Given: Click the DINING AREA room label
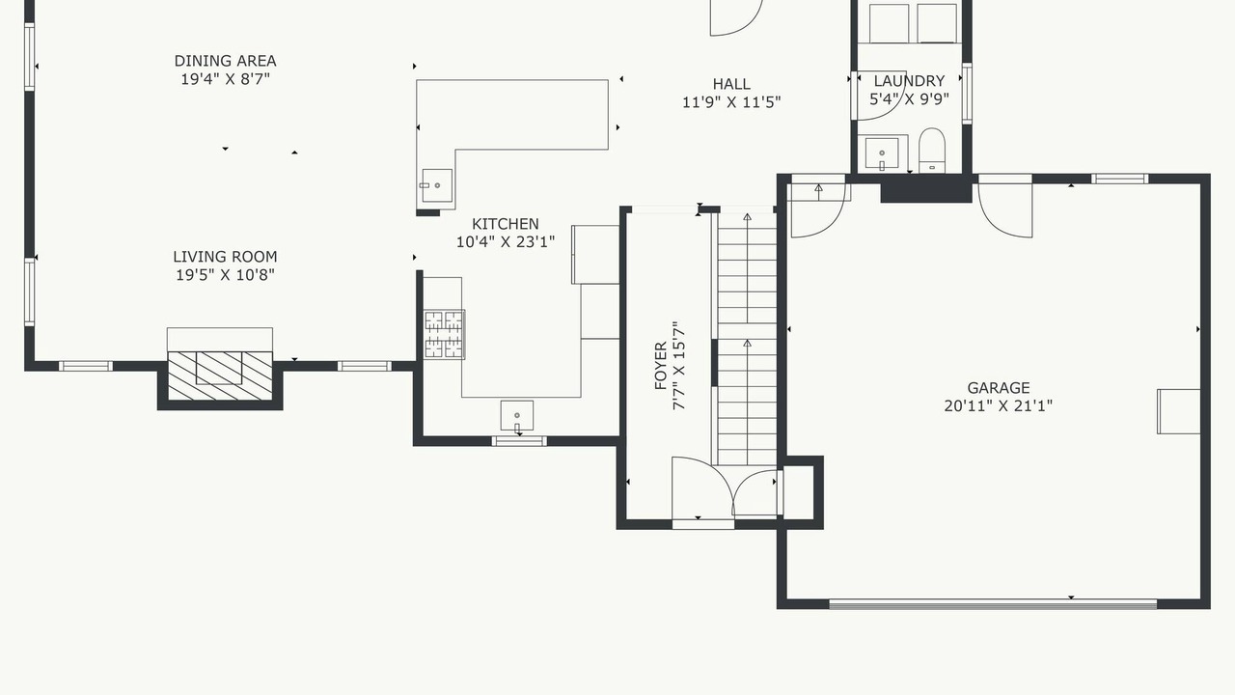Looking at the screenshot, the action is tap(225, 61).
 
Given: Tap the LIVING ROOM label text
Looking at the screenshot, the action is tap(225, 257).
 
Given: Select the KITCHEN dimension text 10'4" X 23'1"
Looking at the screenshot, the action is tap(505, 242).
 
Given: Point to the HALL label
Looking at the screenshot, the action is tap(731, 84).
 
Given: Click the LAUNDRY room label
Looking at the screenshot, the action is tap(909, 81).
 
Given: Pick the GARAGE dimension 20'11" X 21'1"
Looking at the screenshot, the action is tap(998, 406).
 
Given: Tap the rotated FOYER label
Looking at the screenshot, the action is tap(661, 366).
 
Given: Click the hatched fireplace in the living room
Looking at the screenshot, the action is tap(220, 375).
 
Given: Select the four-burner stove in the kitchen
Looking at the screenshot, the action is tap(444, 335).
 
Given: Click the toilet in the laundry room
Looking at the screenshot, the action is tap(932, 150).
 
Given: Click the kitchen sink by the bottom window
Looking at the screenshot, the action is tap(516, 416).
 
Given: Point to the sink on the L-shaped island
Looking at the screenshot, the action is tap(437, 186).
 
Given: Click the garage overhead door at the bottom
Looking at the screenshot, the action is tap(993, 604).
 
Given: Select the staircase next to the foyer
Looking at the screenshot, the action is tap(747, 339).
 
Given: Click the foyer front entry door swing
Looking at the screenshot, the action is tap(702, 488).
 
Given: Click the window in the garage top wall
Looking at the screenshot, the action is tap(1120, 179).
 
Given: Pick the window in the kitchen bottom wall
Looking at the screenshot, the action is tap(519, 441).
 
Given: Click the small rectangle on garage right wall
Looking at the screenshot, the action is tap(1179, 411).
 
